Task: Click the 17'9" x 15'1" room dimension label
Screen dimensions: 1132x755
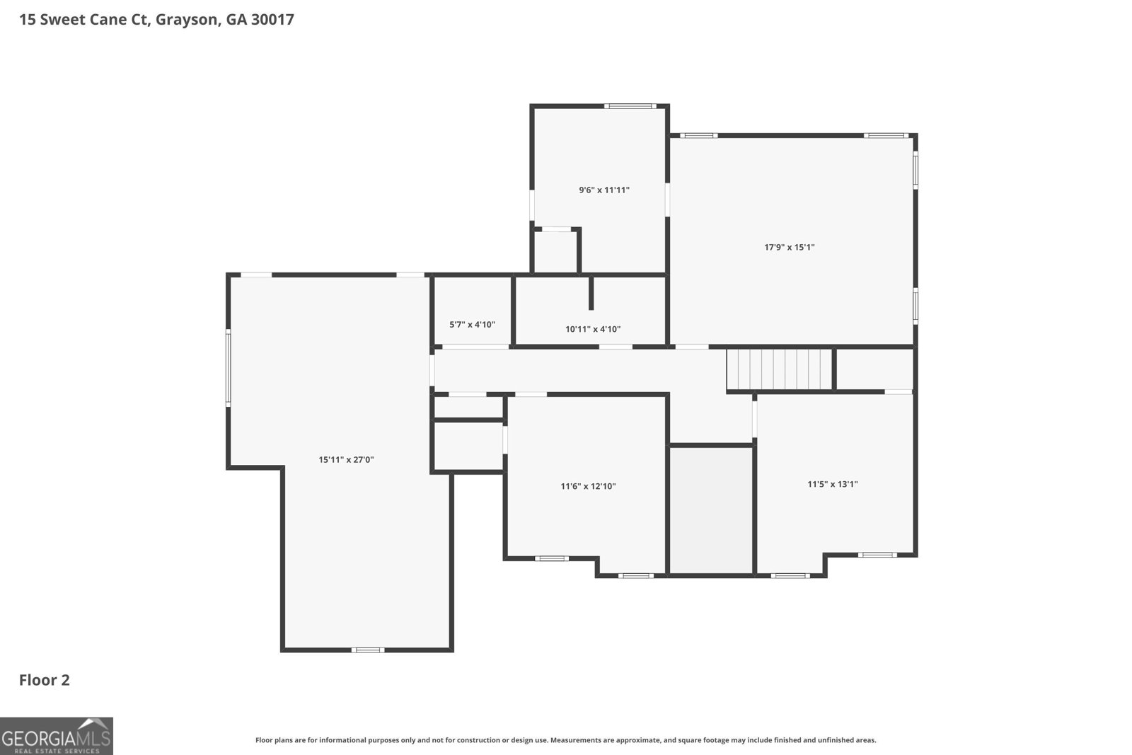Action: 789,247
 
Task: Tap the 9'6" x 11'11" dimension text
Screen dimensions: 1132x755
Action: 604,190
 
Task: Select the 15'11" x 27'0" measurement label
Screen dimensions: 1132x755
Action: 346,459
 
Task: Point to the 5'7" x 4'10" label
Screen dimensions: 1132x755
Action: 472,325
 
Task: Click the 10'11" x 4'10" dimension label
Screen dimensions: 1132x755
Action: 593,329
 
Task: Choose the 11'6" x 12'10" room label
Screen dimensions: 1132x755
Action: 588,486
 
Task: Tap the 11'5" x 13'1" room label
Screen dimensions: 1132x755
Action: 832,484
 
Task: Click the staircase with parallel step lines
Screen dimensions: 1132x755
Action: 779,369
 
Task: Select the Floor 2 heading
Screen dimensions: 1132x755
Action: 45,680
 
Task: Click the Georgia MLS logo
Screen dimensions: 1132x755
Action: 56,736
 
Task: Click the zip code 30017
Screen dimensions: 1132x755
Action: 272,19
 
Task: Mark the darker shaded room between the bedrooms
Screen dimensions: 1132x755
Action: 712,510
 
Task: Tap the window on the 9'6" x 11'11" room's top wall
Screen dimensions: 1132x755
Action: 630,106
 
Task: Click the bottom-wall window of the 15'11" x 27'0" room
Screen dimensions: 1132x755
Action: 367,650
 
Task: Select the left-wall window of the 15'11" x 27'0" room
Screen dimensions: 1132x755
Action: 229,368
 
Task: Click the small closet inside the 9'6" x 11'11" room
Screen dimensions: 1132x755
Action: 555,252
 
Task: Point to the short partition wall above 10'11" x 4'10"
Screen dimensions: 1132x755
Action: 591,293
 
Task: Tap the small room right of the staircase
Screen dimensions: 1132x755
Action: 874,369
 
